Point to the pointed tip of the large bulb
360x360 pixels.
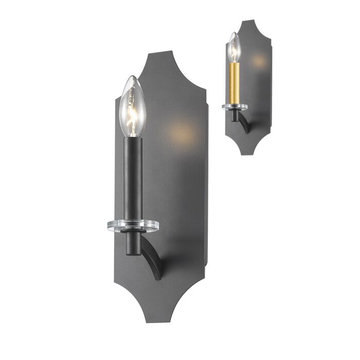[x=133, y=77]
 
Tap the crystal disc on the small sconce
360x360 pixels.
[x=235, y=107]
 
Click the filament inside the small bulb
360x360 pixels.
[x=234, y=51]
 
